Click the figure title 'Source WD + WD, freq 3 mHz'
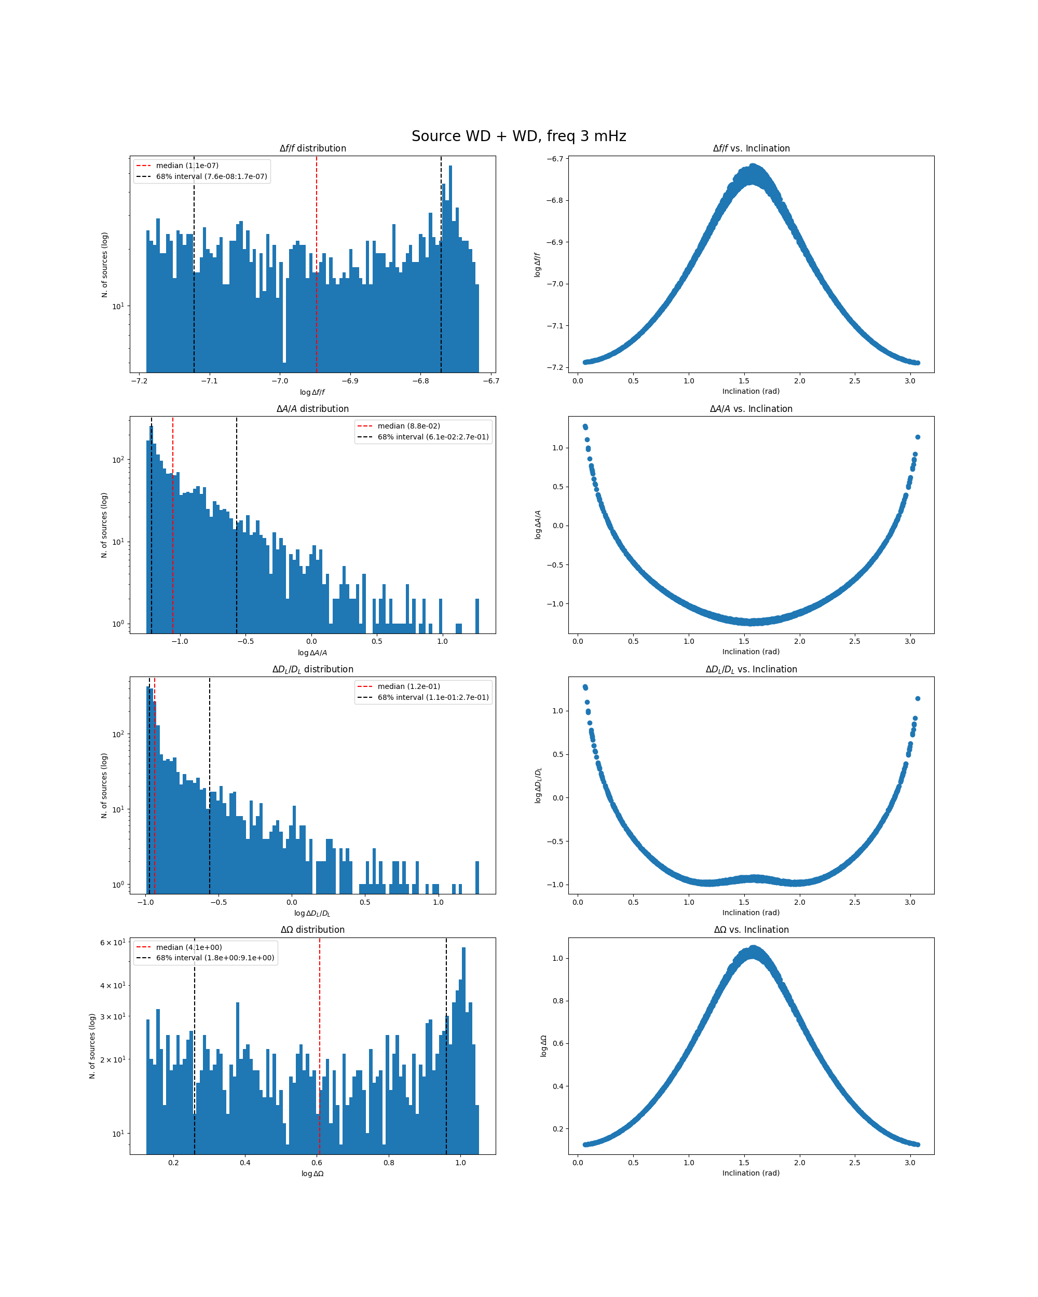pyautogui.click(x=518, y=136)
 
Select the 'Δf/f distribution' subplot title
pyautogui.click(x=312, y=148)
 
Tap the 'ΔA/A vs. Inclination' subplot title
pyautogui.click(x=751, y=409)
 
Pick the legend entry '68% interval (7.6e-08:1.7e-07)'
pyautogui.click(x=211, y=177)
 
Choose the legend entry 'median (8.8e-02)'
pyautogui.click(x=408, y=426)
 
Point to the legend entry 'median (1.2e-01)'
pyautogui.click(x=408, y=686)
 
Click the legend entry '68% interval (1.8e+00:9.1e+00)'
pyautogui.click(x=215, y=958)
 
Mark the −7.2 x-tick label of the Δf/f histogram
pyautogui.click(x=139, y=381)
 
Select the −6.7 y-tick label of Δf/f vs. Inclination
pyautogui.click(x=555, y=159)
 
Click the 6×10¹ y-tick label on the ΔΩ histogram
pyautogui.click(x=113, y=943)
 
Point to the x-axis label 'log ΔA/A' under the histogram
pyautogui.click(x=312, y=653)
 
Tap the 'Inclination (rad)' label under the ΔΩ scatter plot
pyautogui.click(x=751, y=1173)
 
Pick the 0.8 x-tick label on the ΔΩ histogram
pyautogui.click(x=389, y=1162)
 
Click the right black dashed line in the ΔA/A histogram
pyautogui.click(x=237, y=542)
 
